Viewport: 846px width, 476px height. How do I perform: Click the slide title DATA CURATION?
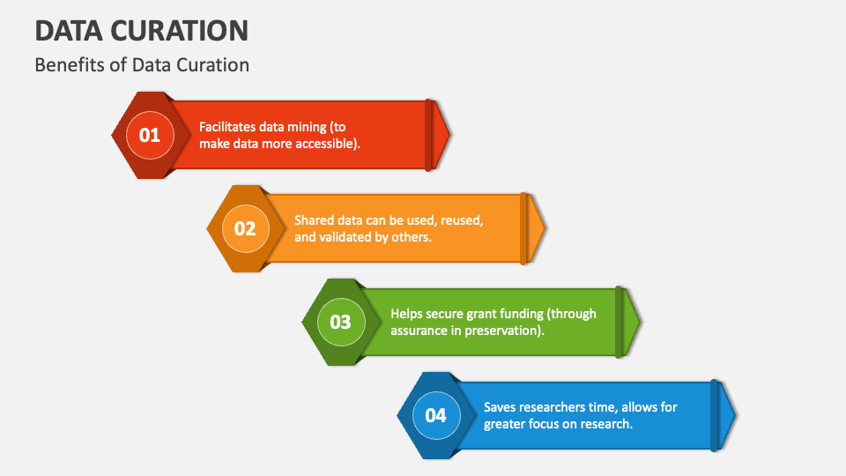tap(141, 30)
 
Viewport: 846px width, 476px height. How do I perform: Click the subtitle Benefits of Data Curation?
tap(141, 65)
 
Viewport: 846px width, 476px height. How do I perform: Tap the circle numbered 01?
tap(150, 135)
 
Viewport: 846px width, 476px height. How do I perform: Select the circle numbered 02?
tap(245, 228)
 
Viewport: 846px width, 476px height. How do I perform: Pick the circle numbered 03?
tap(340, 322)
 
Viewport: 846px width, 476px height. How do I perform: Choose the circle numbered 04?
tap(436, 415)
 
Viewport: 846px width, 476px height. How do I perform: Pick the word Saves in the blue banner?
tap(501, 406)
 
